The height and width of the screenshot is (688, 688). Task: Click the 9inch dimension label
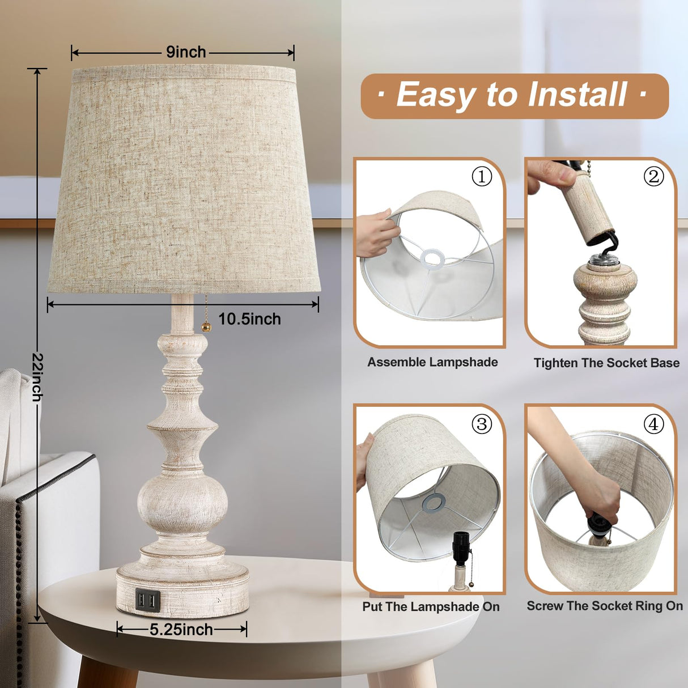click(186, 52)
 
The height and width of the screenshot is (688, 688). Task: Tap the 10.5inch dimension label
click(249, 319)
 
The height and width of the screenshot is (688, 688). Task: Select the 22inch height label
click(37, 377)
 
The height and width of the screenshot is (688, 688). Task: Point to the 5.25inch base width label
click(181, 630)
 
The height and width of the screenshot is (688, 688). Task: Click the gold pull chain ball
click(206, 327)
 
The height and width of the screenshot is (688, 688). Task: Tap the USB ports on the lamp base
click(147, 600)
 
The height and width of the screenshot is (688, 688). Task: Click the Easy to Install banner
click(514, 96)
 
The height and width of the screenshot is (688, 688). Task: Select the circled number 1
click(482, 177)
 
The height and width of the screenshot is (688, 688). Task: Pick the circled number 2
click(653, 177)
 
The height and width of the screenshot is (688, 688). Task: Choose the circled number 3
click(482, 424)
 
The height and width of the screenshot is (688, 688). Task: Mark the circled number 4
click(653, 424)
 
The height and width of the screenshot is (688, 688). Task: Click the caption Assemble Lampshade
click(432, 362)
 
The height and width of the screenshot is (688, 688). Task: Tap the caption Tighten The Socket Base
click(606, 363)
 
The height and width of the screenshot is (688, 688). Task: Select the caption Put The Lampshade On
click(431, 607)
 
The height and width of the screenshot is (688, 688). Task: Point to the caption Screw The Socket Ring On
click(605, 606)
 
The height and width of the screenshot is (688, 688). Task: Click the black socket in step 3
click(461, 548)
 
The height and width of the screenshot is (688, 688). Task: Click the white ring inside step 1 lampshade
click(432, 258)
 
